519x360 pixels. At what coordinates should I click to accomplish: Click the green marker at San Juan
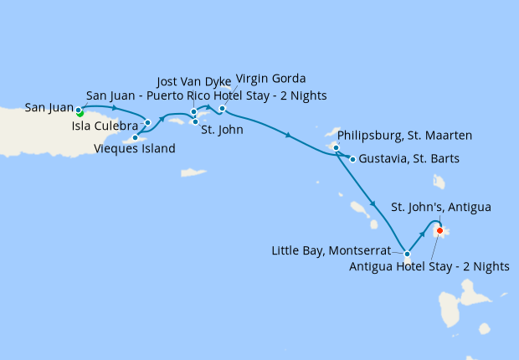(x=80, y=113)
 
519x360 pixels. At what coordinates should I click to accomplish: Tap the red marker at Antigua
(x=440, y=231)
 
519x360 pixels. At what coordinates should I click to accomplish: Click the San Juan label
(x=49, y=108)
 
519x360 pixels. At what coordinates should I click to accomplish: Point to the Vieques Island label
(x=135, y=150)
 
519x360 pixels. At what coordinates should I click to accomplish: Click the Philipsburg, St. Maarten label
(x=404, y=135)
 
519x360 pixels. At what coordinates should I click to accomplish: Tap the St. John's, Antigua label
(x=441, y=207)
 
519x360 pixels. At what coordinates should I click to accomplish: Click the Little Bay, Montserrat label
(x=331, y=250)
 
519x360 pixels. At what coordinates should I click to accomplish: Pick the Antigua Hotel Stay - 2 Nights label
(x=429, y=266)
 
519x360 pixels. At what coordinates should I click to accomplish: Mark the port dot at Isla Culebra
(x=147, y=123)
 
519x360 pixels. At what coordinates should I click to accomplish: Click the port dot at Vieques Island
(x=135, y=137)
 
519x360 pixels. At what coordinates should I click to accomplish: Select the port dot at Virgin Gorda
(x=222, y=109)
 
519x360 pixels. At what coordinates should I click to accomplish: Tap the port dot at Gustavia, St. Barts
(x=352, y=159)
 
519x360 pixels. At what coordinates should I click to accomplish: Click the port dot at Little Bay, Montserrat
(x=407, y=254)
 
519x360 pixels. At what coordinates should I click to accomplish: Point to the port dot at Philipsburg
(x=336, y=148)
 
